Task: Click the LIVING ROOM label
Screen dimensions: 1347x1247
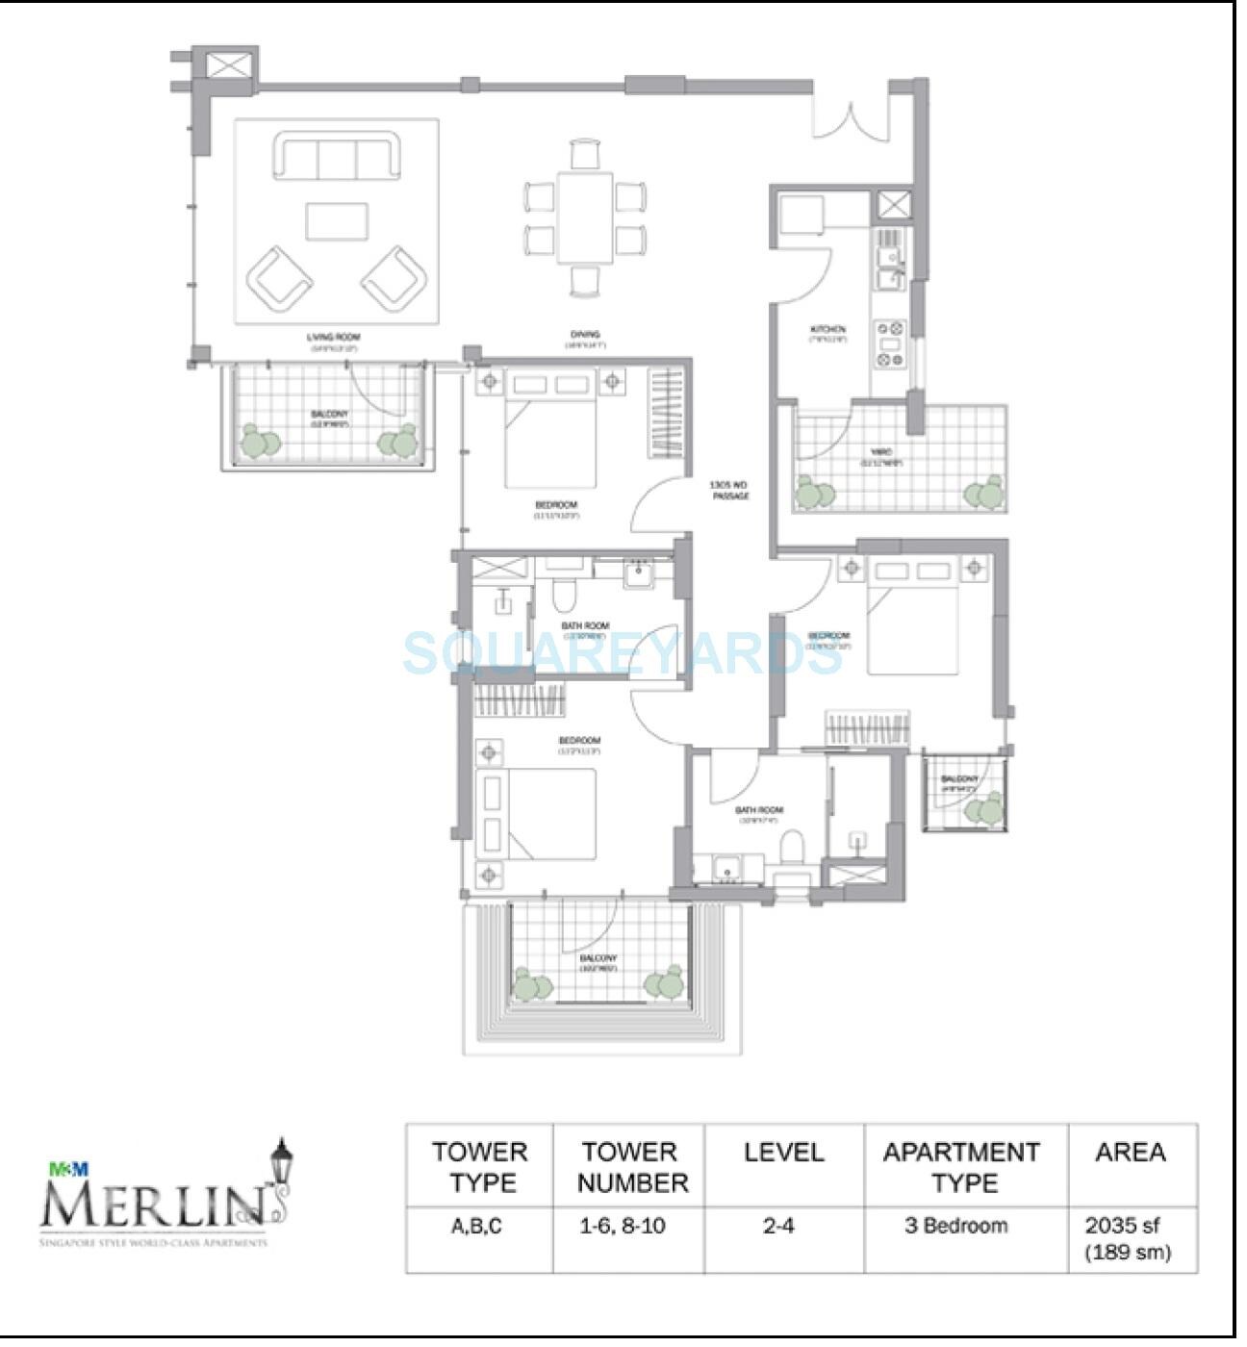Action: point(332,338)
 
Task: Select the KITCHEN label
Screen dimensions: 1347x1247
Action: point(827,331)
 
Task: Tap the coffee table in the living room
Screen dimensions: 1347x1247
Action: point(337,220)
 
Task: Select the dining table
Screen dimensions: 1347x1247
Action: point(584,216)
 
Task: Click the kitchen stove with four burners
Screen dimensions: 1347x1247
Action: point(890,343)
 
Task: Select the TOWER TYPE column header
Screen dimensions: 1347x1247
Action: point(479,1166)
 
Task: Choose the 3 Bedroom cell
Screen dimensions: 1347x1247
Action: point(965,1226)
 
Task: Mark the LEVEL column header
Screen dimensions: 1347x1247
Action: point(783,1153)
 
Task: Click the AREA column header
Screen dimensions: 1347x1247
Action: point(1131,1153)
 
